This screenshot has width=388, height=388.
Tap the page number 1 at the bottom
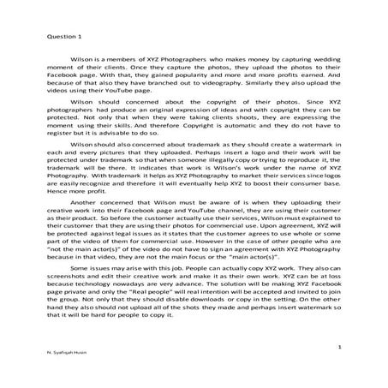point(341,348)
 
